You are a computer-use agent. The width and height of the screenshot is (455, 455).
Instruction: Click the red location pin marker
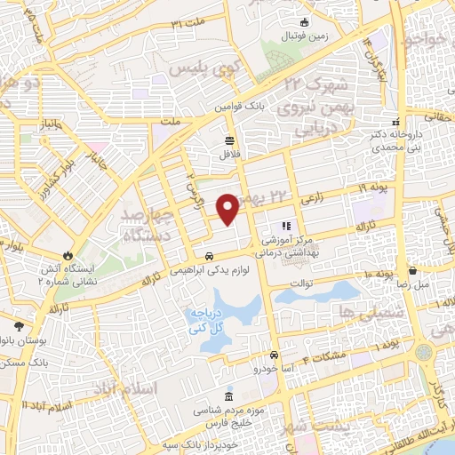pos(227,208)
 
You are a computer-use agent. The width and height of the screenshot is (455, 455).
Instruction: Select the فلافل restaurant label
pos(230,154)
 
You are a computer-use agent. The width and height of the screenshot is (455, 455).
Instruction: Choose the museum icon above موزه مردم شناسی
pos(230,395)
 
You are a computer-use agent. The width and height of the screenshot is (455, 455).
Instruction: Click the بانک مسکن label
pos(24,364)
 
